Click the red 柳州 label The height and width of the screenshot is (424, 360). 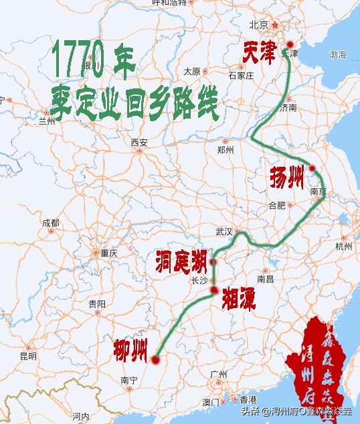pos(130,349)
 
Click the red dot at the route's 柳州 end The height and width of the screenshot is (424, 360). pos(155,360)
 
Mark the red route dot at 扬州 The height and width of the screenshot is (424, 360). pos(312,169)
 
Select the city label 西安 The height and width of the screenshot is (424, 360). pos(139,142)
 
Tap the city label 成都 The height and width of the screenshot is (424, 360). pos(50,223)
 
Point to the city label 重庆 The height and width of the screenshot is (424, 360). pos(108,253)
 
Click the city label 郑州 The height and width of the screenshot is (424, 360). pos(226,150)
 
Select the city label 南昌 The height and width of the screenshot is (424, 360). pos(266,278)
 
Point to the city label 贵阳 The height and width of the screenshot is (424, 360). pos(97,303)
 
